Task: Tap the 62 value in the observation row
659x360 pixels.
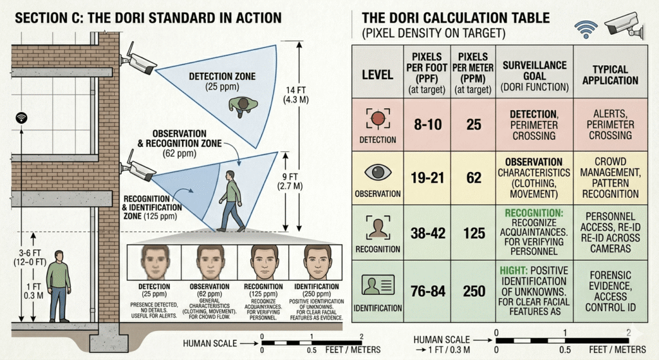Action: pyautogui.click(x=474, y=178)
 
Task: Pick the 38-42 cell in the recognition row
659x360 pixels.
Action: pyautogui.click(x=427, y=233)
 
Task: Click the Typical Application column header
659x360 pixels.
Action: pyautogui.click(x=610, y=75)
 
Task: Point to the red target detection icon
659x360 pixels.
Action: pyautogui.click(x=378, y=118)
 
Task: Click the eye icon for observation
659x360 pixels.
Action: pyautogui.click(x=378, y=172)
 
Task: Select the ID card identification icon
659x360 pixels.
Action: pyautogui.click(x=378, y=285)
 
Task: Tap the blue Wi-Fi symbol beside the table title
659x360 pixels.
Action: pyautogui.click(x=586, y=29)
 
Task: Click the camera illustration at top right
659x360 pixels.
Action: pyautogui.click(x=625, y=25)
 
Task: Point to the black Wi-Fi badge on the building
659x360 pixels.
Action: pyautogui.click(x=21, y=118)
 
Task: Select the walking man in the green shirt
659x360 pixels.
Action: pyautogui.click(x=231, y=202)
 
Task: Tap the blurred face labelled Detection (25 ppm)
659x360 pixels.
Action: pyautogui.click(x=154, y=262)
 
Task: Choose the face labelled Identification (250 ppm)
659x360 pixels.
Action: pyautogui.click(x=317, y=262)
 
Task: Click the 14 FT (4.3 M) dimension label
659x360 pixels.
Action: pyautogui.click(x=296, y=95)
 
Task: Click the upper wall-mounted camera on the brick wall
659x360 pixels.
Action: pyautogui.click(x=139, y=59)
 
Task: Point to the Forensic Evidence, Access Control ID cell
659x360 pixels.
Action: pyautogui.click(x=610, y=291)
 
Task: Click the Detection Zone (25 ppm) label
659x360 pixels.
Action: pyautogui.click(x=222, y=82)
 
